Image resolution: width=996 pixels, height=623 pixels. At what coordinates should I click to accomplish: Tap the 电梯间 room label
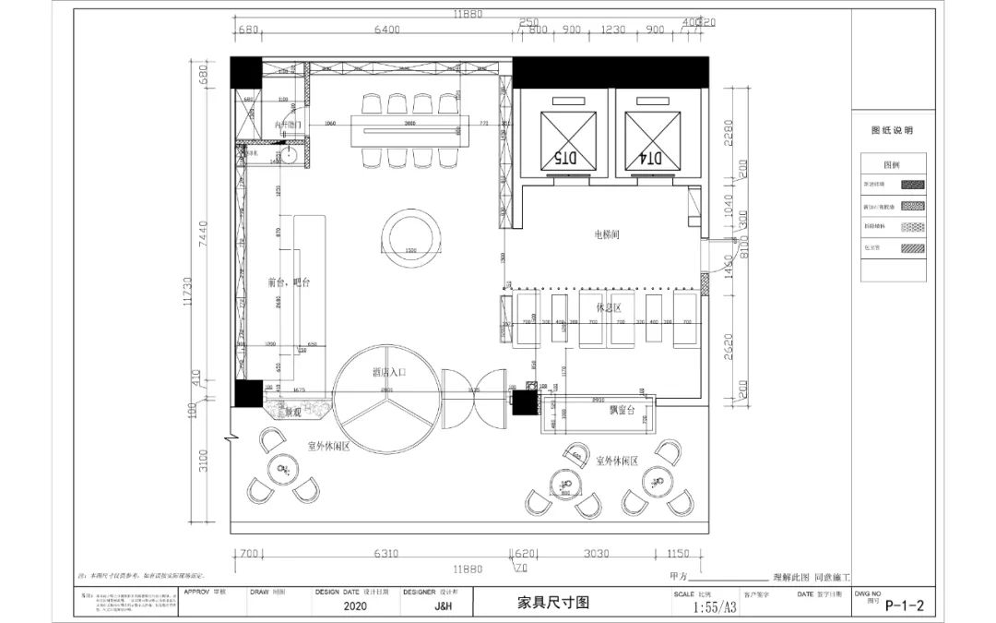[x=606, y=235]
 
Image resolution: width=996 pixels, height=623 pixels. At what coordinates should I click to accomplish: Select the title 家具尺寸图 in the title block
[x=552, y=604]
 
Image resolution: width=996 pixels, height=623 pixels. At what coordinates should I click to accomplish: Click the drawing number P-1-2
[x=904, y=605]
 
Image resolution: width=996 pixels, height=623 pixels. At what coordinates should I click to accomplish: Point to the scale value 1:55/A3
[x=715, y=607]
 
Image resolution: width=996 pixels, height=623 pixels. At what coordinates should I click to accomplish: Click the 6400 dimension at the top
[x=386, y=30]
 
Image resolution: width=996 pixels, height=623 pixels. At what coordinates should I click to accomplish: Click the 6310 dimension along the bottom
[x=385, y=555]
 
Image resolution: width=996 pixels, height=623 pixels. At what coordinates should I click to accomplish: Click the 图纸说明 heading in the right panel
[x=892, y=131]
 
